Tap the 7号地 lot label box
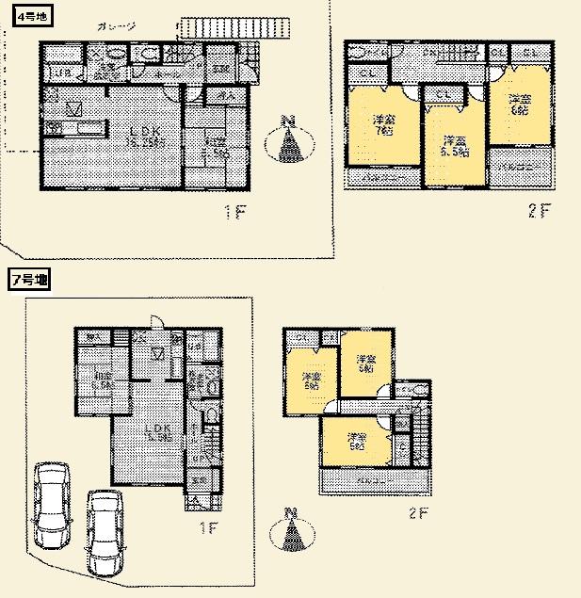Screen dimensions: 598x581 coord(30,280)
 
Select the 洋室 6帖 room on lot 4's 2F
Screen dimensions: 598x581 coord(521,105)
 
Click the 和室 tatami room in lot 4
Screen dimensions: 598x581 coord(215,143)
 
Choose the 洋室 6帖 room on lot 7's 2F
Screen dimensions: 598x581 coord(310,381)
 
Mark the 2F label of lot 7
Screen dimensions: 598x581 coord(418,514)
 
